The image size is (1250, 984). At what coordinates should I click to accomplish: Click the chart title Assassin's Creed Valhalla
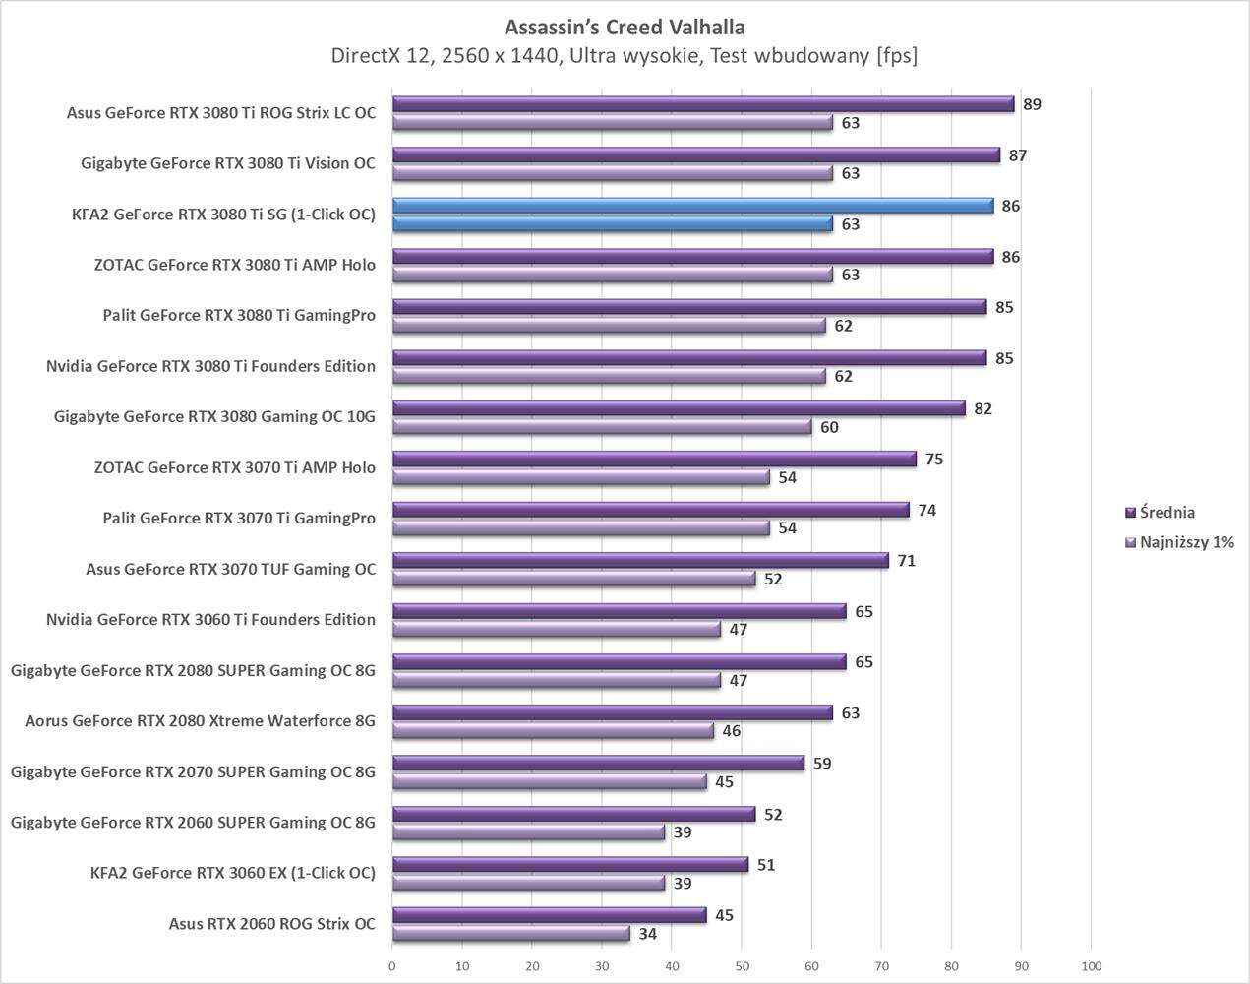click(625, 27)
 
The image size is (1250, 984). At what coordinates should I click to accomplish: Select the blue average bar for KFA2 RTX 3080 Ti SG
click(692, 206)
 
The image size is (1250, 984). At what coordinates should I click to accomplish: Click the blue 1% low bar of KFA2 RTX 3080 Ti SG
click(612, 224)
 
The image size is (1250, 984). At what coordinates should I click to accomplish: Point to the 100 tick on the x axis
click(1091, 966)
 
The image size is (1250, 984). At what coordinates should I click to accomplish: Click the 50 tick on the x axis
click(742, 966)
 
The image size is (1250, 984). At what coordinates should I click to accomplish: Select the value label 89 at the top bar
click(1032, 104)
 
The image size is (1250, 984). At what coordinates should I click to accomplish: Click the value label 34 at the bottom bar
click(647, 934)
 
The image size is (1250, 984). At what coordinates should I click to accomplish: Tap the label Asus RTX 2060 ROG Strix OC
click(271, 924)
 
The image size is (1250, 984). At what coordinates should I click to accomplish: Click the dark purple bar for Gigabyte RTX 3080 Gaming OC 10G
click(679, 408)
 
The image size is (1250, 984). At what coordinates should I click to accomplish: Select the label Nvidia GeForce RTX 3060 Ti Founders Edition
click(210, 620)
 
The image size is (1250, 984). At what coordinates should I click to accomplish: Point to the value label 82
click(982, 408)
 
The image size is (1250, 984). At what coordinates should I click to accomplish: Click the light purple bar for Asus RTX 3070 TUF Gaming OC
click(573, 579)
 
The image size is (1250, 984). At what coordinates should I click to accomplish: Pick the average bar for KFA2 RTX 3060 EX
click(570, 865)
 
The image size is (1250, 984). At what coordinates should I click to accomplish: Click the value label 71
click(906, 561)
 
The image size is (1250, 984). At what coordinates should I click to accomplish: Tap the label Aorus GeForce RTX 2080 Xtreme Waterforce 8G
click(200, 721)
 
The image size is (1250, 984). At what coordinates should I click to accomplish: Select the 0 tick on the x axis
click(392, 966)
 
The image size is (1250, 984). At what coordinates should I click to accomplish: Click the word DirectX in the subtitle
click(367, 56)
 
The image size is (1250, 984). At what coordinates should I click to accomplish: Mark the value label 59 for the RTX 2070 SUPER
click(822, 764)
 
